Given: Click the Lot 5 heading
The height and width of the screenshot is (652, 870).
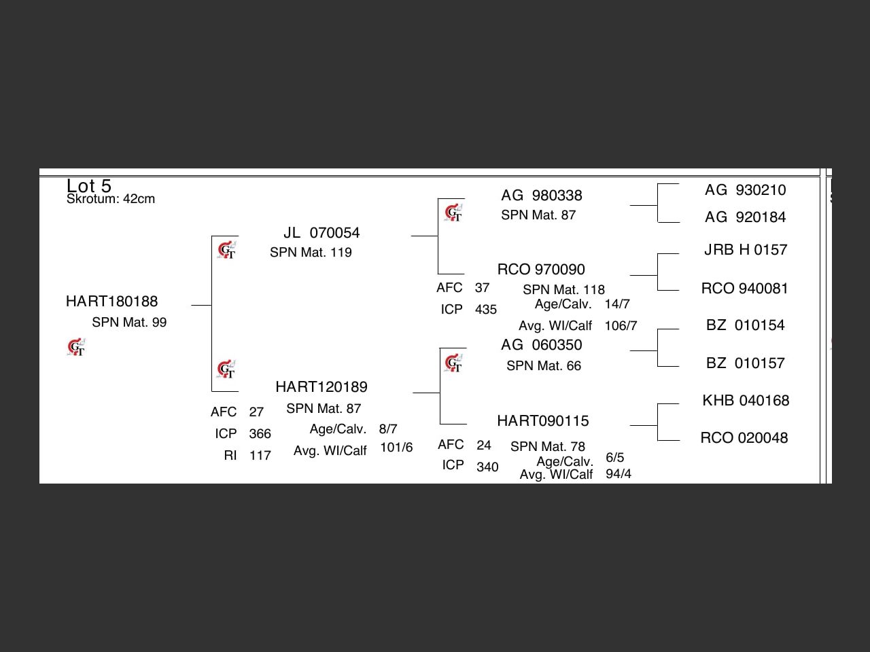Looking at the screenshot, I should [x=89, y=185].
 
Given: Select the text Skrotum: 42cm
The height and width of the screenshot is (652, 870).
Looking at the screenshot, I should [x=111, y=199].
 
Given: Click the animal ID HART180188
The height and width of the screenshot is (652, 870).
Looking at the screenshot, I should [x=111, y=302].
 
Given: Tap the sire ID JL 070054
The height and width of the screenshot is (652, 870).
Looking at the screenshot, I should [x=321, y=233].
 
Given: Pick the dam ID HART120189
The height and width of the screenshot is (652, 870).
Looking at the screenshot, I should [x=321, y=387].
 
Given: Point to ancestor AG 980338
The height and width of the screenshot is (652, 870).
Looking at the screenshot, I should [x=542, y=196].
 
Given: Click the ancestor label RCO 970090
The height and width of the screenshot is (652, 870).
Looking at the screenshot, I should [x=541, y=270].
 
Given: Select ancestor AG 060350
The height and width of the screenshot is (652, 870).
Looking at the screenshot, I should [x=542, y=345].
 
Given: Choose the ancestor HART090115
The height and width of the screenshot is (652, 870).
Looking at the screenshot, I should [x=543, y=421].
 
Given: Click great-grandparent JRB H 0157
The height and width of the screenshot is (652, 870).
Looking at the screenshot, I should [x=746, y=250].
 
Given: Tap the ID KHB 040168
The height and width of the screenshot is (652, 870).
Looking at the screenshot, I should [x=746, y=401].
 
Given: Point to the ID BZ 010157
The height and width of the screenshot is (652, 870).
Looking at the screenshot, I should [x=746, y=363].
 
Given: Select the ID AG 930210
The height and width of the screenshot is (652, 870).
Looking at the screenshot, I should [x=746, y=190].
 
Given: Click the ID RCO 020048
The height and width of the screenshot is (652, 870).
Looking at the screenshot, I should [x=744, y=438].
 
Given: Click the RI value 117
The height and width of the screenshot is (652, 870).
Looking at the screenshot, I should [x=260, y=456].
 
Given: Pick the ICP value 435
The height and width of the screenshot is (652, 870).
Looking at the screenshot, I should [x=486, y=310].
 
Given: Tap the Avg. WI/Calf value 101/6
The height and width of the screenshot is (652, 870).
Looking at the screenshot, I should [x=396, y=448].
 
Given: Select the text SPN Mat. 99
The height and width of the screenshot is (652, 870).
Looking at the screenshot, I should [x=129, y=323].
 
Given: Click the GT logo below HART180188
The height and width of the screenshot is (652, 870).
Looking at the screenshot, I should [x=77, y=348].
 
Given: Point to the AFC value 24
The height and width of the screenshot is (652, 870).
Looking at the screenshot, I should [x=484, y=446].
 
